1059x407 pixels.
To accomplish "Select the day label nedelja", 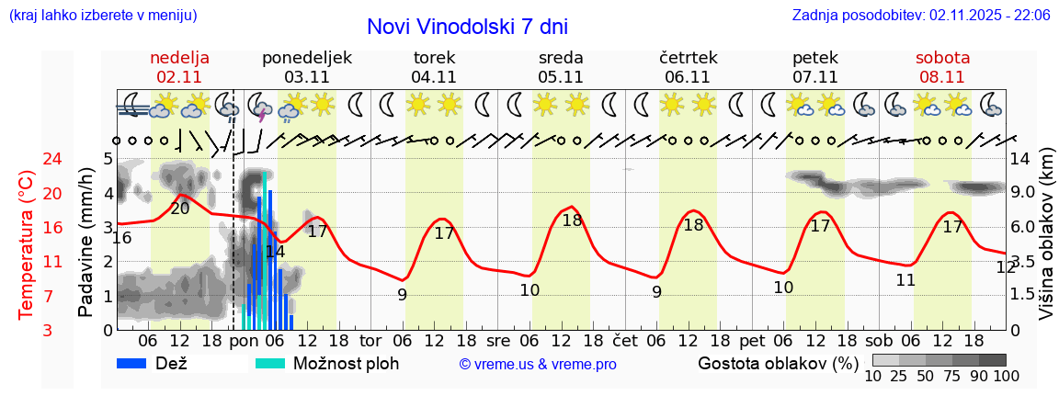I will [x=180, y=58].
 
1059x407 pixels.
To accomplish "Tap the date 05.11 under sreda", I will [x=561, y=77].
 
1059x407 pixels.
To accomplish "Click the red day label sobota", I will [x=942, y=58].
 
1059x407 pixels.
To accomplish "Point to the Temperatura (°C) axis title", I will [x=27, y=244].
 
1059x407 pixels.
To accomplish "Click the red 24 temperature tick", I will [x=28, y=160].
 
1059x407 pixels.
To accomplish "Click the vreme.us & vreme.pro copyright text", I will [x=538, y=365].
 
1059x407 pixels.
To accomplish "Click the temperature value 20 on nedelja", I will [x=180, y=209].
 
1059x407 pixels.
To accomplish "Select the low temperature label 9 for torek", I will [x=402, y=295].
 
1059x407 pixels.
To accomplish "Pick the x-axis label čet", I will [x=625, y=340].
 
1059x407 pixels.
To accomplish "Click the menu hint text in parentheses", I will [x=102, y=16].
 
